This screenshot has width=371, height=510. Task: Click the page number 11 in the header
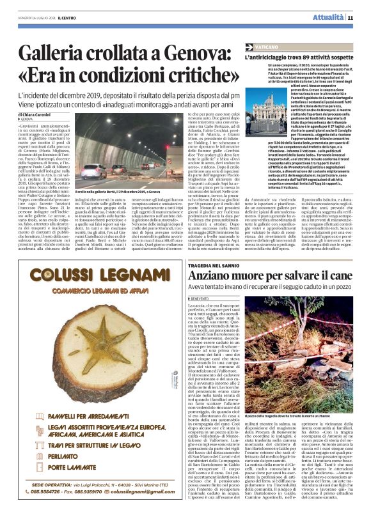coord(351,17)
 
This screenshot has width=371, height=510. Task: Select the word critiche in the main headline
coord(191,77)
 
